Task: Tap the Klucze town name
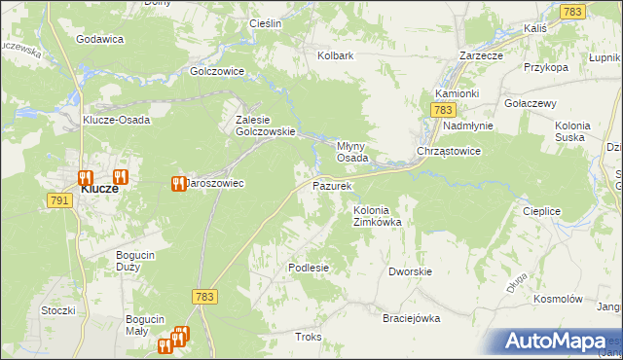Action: pos(99,189)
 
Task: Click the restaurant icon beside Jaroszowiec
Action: pos(178,183)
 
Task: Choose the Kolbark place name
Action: pos(335,55)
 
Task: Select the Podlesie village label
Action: pos(309,267)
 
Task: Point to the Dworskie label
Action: pos(409,272)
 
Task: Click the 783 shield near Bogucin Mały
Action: pos(204,296)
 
